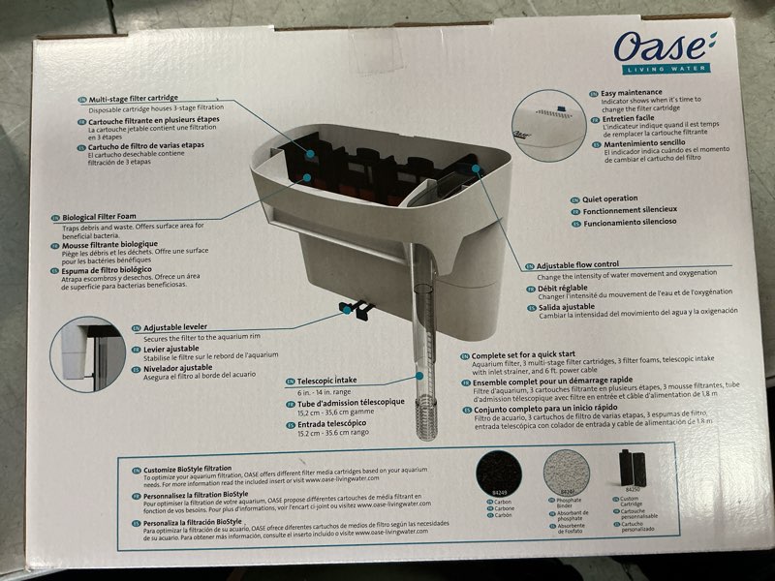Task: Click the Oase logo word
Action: coord(663,47)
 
